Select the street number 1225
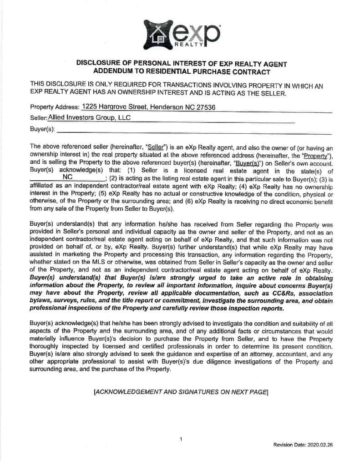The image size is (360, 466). pos(89,107)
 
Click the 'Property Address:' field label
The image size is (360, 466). pos(54,108)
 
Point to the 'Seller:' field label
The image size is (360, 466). pos(38,118)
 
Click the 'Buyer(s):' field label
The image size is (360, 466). pos(42,129)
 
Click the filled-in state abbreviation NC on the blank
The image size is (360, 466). pos(68,177)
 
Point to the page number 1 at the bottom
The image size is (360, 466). pos(181,439)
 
